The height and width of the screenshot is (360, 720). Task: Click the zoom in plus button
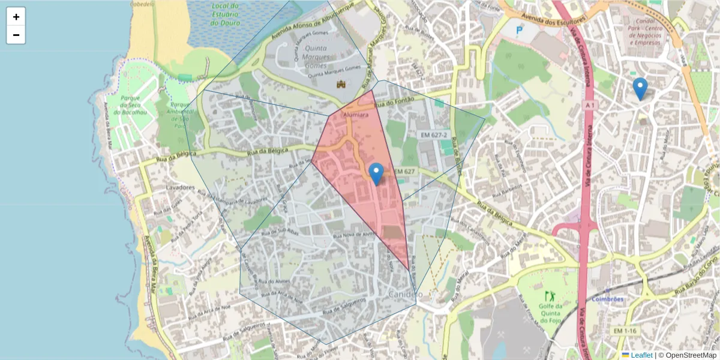click(16, 17)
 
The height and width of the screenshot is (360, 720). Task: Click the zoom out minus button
click(16, 35)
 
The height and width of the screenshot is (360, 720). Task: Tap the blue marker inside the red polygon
click(376, 173)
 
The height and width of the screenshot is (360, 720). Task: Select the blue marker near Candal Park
click(640, 88)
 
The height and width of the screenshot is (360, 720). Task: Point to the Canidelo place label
click(405, 294)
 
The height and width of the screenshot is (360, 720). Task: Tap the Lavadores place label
click(180, 187)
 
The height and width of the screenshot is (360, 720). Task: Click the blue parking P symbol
click(520, 29)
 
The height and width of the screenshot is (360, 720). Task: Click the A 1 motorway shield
click(591, 105)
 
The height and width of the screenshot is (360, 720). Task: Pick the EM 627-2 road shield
click(433, 135)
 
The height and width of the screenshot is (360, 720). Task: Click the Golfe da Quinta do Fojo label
click(551, 313)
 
